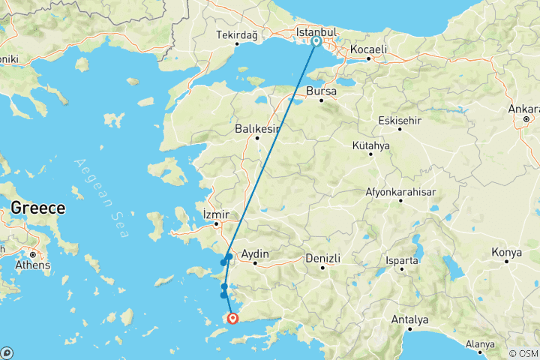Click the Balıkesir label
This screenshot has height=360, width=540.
click(257, 128)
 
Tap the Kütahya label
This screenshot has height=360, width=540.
click(370, 145)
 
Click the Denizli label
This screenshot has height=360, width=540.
click(322, 258)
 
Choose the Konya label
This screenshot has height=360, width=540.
click(507, 253)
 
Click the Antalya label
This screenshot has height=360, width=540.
click(409, 320)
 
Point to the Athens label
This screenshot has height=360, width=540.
click(33, 265)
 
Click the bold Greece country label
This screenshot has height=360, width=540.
click(37, 208)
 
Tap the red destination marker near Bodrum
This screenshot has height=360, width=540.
click(233, 319)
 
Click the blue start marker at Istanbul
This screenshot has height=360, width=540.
click(317, 41)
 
